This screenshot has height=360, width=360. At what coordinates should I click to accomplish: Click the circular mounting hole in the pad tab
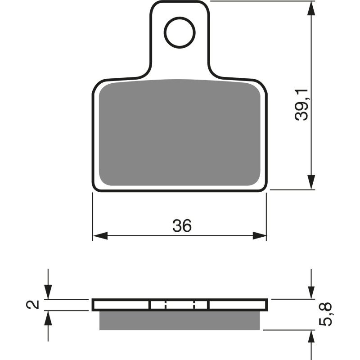[180, 32]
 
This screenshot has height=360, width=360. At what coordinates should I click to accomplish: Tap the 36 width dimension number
[182, 226]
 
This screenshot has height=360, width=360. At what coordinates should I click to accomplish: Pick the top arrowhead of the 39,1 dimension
[310, 9]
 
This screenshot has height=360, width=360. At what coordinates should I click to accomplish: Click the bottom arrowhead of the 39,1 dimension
[310, 182]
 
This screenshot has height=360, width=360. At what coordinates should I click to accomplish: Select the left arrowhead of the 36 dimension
[100, 235]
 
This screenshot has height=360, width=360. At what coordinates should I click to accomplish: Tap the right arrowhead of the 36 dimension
[259, 235]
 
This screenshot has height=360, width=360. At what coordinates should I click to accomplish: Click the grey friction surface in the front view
[180, 133]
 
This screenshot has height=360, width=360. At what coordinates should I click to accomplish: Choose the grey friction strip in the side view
[180, 320]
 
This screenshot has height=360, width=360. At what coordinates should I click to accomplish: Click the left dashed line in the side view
[166, 305]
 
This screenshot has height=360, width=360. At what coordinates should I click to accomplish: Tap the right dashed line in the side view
[194, 305]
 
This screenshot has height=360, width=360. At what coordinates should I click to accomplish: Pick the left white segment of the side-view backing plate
[121, 305]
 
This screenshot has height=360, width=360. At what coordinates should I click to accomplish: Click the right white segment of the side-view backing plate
[238, 305]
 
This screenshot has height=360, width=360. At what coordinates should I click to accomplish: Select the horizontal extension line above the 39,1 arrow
[261, 1]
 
